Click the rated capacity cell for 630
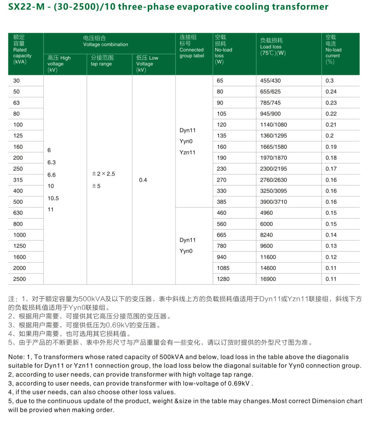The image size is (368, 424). click(x=18, y=213)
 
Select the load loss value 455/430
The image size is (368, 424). click(x=270, y=81)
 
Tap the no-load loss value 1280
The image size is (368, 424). click(x=223, y=279)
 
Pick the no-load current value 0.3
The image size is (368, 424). click(x=330, y=81)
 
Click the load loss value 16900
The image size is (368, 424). click(x=268, y=279)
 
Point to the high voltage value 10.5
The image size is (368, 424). click(x=53, y=198)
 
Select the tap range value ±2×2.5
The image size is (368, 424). click(x=103, y=174)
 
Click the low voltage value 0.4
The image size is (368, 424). click(x=143, y=180)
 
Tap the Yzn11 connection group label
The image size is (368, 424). click(x=187, y=152)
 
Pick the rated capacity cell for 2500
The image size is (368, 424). click(x=19, y=279)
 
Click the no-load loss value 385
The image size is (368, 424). click(x=221, y=202)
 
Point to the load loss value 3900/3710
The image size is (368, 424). click(x=273, y=202)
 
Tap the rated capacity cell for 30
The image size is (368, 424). click(x=16, y=81)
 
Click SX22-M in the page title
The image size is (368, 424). click(x=26, y=7)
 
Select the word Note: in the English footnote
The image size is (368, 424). click(x=16, y=357)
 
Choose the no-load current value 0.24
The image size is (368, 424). click(x=331, y=92)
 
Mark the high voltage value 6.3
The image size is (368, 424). click(x=51, y=163)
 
